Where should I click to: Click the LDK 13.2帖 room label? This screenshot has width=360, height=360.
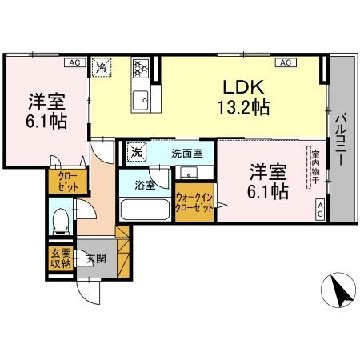(x=244, y=97)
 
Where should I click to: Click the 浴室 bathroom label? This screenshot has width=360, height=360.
(x=145, y=184)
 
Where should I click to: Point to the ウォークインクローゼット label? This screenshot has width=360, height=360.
(x=194, y=201)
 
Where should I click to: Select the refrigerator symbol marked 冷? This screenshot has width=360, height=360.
(x=102, y=67)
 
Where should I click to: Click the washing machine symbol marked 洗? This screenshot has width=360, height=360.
(x=136, y=152)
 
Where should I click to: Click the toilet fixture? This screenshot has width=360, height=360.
(x=61, y=218)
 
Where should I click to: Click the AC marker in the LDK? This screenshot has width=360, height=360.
(x=282, y=62)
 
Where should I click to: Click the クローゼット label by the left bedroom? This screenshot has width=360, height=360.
(x=61, y=182)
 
